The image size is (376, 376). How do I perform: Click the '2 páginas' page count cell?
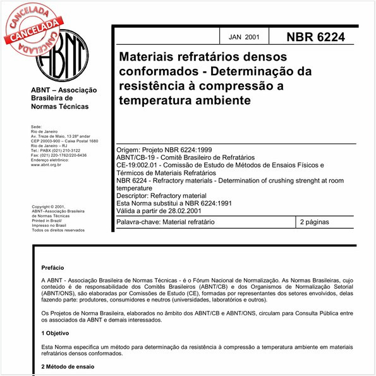coord(318,222)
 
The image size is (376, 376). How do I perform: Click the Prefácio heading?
coord(52,268)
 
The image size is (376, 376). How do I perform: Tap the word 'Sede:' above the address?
coord(37,126)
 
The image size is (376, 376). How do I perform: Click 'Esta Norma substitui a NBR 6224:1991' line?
coord(176,203)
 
